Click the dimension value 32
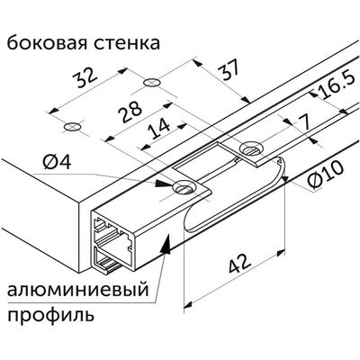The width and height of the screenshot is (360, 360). click(86, 77)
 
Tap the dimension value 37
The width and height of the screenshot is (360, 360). click(229, 69)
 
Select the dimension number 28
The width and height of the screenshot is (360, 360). click(130, 112)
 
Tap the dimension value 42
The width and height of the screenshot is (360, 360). click(239, 263)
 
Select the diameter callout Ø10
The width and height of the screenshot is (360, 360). click(326, 175)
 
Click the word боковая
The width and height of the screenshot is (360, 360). click(44, 43)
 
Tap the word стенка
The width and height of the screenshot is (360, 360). click(126, 44)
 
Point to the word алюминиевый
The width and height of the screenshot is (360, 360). click(78, 291)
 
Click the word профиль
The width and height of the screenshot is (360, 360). click(50, 316)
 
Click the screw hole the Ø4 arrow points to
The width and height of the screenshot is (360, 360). click(184, 188)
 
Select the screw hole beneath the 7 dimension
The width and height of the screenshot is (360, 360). click(251, 148)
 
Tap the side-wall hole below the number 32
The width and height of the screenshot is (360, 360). click(72, 127)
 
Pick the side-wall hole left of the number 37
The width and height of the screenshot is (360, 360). click(152, 82)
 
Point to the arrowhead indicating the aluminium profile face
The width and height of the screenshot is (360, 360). click(166, 245)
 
